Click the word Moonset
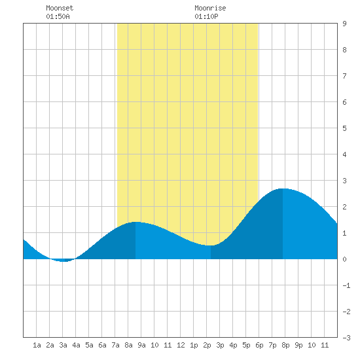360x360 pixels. coord(60,8)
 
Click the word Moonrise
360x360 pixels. coord(210,8)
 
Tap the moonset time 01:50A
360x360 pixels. coord(58,16)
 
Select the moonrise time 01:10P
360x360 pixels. coord(206,16)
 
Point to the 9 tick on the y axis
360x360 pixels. coord(344,24)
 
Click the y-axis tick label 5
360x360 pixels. coord(344,128)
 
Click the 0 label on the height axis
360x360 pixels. coord(344,259)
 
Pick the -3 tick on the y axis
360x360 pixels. coord(346,338)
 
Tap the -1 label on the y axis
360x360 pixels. coord(346,285)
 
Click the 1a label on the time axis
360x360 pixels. coord(37,345)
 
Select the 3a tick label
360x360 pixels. coord(63,345)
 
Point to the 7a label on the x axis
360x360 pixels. coord(115,345)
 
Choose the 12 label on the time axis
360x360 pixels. coord(181,345)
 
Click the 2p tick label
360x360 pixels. coord(207,345)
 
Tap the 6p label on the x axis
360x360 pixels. coord(259,345)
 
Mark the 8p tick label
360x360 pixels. coord(285,345)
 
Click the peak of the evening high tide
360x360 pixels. coord(283,189)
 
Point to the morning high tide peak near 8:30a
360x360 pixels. coord(135,222)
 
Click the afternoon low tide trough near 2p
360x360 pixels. coord(211,245)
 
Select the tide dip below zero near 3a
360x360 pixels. coord(64,261)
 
